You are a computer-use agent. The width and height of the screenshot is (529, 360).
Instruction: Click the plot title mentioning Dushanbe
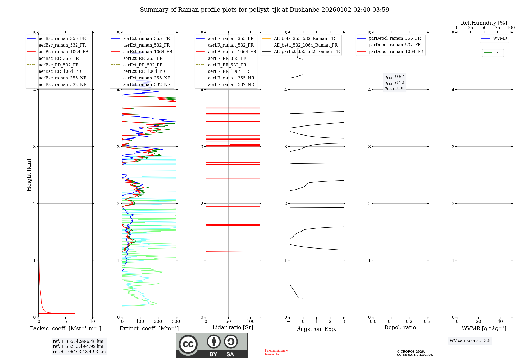point(264,10)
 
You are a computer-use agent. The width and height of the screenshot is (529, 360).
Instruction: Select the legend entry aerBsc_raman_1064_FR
point(63,52)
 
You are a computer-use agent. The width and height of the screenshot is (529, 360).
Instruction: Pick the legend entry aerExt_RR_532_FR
point(143,65)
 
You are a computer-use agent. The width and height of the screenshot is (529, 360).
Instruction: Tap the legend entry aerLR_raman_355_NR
point(231,78)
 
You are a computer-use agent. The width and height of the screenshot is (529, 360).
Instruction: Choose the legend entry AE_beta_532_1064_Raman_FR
point(305,45)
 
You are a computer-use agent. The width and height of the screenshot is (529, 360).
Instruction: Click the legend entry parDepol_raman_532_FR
point(395,45)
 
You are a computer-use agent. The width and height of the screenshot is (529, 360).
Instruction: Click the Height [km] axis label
point(29,175)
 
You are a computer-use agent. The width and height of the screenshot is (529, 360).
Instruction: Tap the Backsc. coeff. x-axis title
point(65,328)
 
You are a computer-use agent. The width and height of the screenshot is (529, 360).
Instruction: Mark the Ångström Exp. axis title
point(317,329)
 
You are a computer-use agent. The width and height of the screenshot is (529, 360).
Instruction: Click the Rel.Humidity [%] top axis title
point(484,23)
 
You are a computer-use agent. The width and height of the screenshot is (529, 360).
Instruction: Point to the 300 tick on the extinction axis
point(176,322)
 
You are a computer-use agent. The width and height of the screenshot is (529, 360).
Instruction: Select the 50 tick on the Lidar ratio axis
point(228,322)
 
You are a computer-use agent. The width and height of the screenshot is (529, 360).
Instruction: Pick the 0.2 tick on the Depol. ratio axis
point(409,322)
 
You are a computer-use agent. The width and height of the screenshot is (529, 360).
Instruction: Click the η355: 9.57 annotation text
point(394,77)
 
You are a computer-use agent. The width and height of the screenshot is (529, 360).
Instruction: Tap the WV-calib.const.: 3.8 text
point(470,341)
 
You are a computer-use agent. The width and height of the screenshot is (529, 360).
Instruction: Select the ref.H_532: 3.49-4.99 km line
point(78,346)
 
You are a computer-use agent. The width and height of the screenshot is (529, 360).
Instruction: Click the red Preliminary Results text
point(276,352)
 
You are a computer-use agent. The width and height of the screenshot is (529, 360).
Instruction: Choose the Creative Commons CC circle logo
point(188,344)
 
